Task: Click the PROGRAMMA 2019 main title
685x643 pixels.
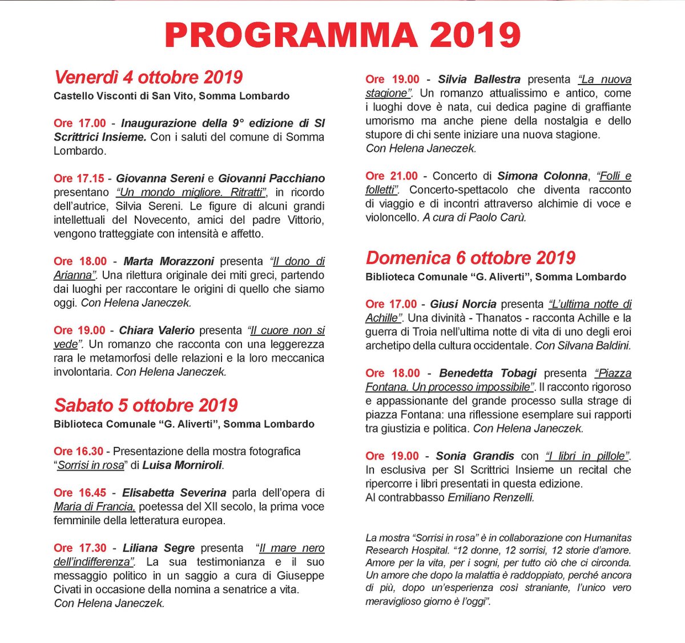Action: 342,35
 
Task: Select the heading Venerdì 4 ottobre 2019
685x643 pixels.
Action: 148,77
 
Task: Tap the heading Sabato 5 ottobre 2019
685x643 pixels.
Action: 146,405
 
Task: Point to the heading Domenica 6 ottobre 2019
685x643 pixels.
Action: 470,258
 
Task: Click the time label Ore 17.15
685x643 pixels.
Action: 79,178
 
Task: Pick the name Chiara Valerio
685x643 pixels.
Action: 156,330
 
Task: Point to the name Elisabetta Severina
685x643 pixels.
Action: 174,492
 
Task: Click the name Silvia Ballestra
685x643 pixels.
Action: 479,79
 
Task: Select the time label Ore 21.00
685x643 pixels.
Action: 392,176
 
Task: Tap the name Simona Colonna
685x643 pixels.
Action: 542,176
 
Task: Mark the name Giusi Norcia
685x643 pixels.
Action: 463,304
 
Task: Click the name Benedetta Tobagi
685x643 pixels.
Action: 487,373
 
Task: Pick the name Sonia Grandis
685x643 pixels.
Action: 474,456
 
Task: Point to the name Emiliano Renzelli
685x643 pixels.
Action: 491,497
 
